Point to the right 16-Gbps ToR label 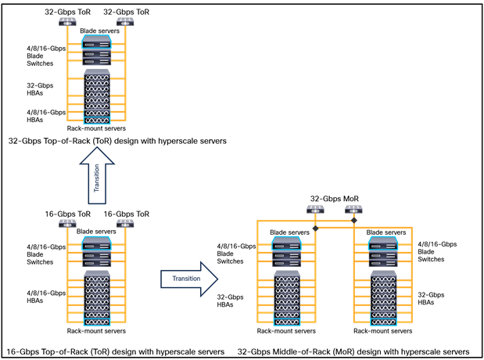(x=126, y=214)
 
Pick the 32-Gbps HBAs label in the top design (x=35, y=88)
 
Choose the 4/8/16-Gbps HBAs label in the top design (x=35, y=116)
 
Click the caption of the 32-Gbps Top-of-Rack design (x=117, y=141)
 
